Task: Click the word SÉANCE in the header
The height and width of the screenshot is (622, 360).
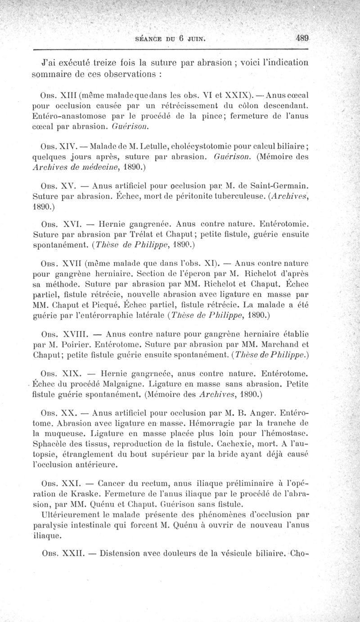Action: (151, 39)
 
